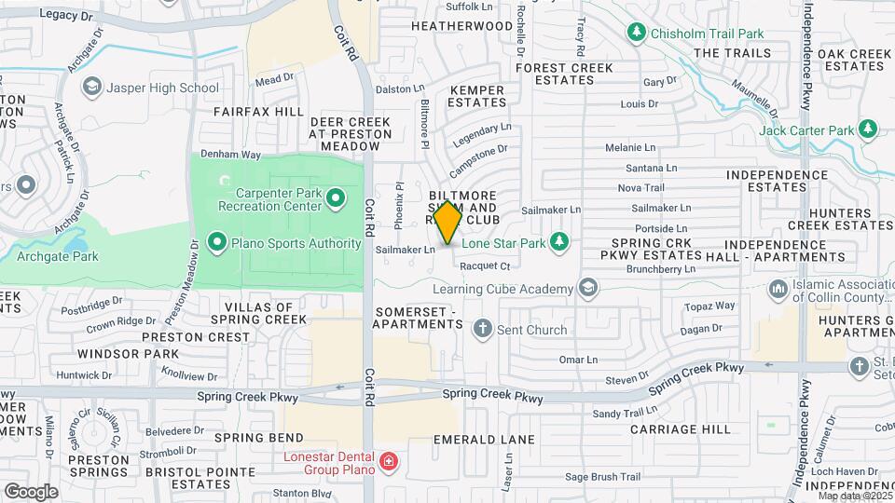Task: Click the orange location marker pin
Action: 448,223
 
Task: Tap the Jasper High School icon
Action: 91,88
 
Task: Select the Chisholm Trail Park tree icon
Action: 638,34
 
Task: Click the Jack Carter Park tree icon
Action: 868,129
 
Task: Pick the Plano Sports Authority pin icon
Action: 217,244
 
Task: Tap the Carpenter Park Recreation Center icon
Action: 337,198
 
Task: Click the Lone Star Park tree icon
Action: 559,242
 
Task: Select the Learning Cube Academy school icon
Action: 587,289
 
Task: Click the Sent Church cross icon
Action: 482,329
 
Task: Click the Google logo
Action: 31,491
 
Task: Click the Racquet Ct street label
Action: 483,265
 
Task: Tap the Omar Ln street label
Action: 578,360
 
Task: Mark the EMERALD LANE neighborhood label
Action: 490,439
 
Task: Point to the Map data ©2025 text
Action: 853,496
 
